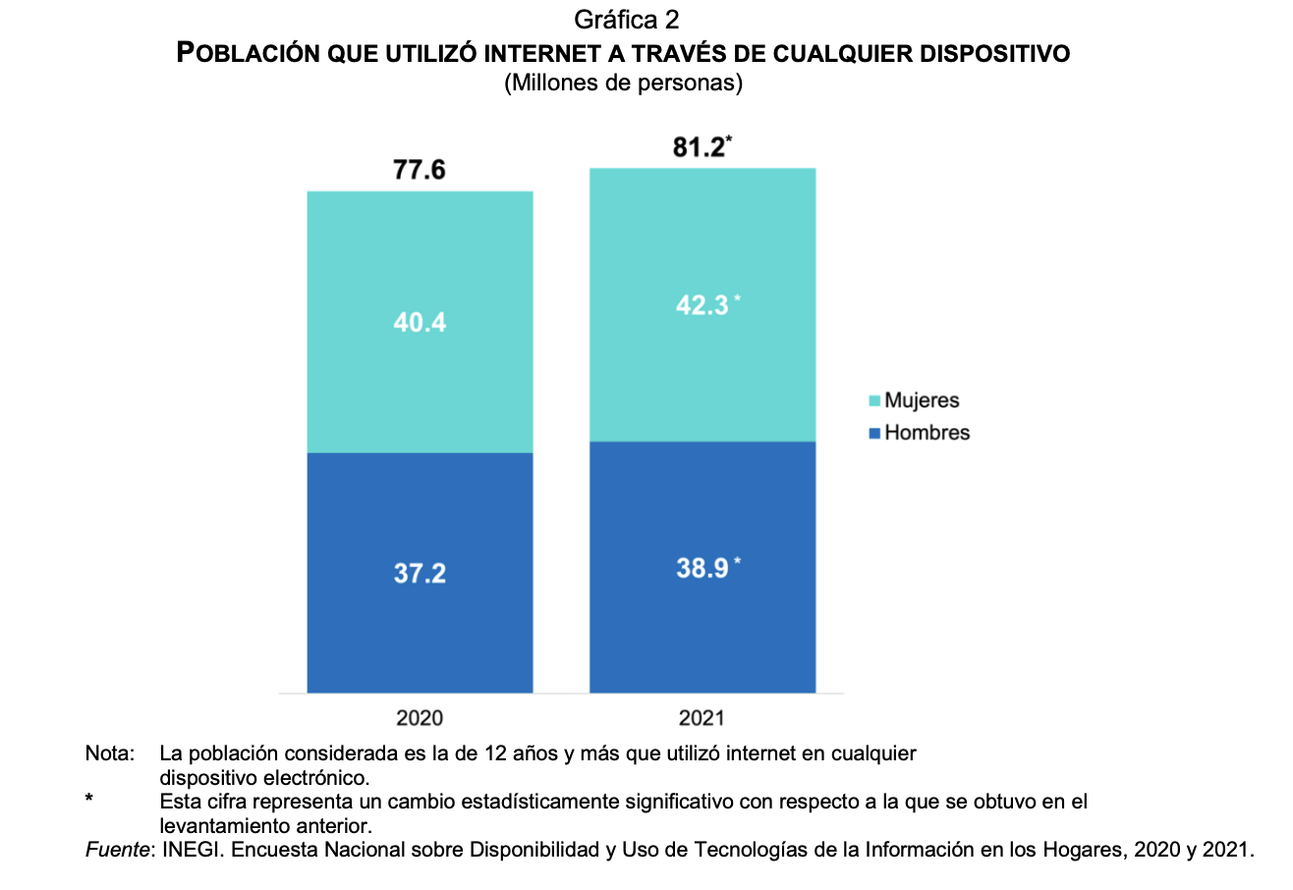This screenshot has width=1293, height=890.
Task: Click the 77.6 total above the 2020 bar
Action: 420,170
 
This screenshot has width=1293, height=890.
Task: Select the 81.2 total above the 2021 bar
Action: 701,147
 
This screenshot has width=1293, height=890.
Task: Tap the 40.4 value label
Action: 420,321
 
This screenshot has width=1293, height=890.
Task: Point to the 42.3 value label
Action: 702,306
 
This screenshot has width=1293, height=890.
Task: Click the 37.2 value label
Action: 420,574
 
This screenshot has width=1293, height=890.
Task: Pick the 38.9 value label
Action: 702,567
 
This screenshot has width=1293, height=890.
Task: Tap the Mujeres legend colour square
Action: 875,402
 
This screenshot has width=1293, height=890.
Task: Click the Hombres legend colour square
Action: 875,433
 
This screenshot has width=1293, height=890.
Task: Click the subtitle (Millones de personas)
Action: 623,84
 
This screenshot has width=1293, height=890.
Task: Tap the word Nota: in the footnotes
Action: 110,754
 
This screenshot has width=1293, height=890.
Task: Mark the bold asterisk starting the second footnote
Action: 89,801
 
